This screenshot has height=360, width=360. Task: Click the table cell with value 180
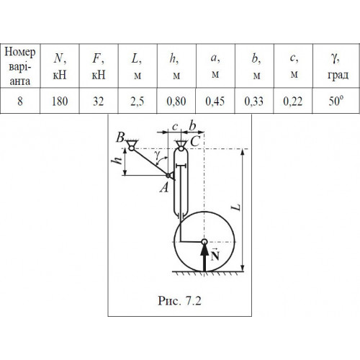60,101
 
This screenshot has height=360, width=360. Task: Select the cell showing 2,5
138,101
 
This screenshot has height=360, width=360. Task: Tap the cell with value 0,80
176,101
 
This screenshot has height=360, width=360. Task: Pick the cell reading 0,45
215,101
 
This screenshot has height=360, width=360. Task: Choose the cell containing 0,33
254,101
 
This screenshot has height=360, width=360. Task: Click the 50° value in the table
336,101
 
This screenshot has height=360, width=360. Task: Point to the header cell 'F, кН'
99,66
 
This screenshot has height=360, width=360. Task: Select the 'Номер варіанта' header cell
20,66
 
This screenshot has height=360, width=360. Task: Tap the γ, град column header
336,66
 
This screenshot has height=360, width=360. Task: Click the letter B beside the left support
120,138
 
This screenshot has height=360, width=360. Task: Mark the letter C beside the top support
195,141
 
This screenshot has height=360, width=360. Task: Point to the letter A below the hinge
164,187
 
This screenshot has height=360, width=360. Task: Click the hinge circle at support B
132,148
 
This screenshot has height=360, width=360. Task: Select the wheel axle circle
204,242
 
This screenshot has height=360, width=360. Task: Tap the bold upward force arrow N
204,258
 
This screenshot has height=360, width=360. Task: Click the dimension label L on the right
237,207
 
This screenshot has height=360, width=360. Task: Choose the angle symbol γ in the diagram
157,155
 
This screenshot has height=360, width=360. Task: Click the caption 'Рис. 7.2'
179,300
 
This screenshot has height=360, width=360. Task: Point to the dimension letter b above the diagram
192,125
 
